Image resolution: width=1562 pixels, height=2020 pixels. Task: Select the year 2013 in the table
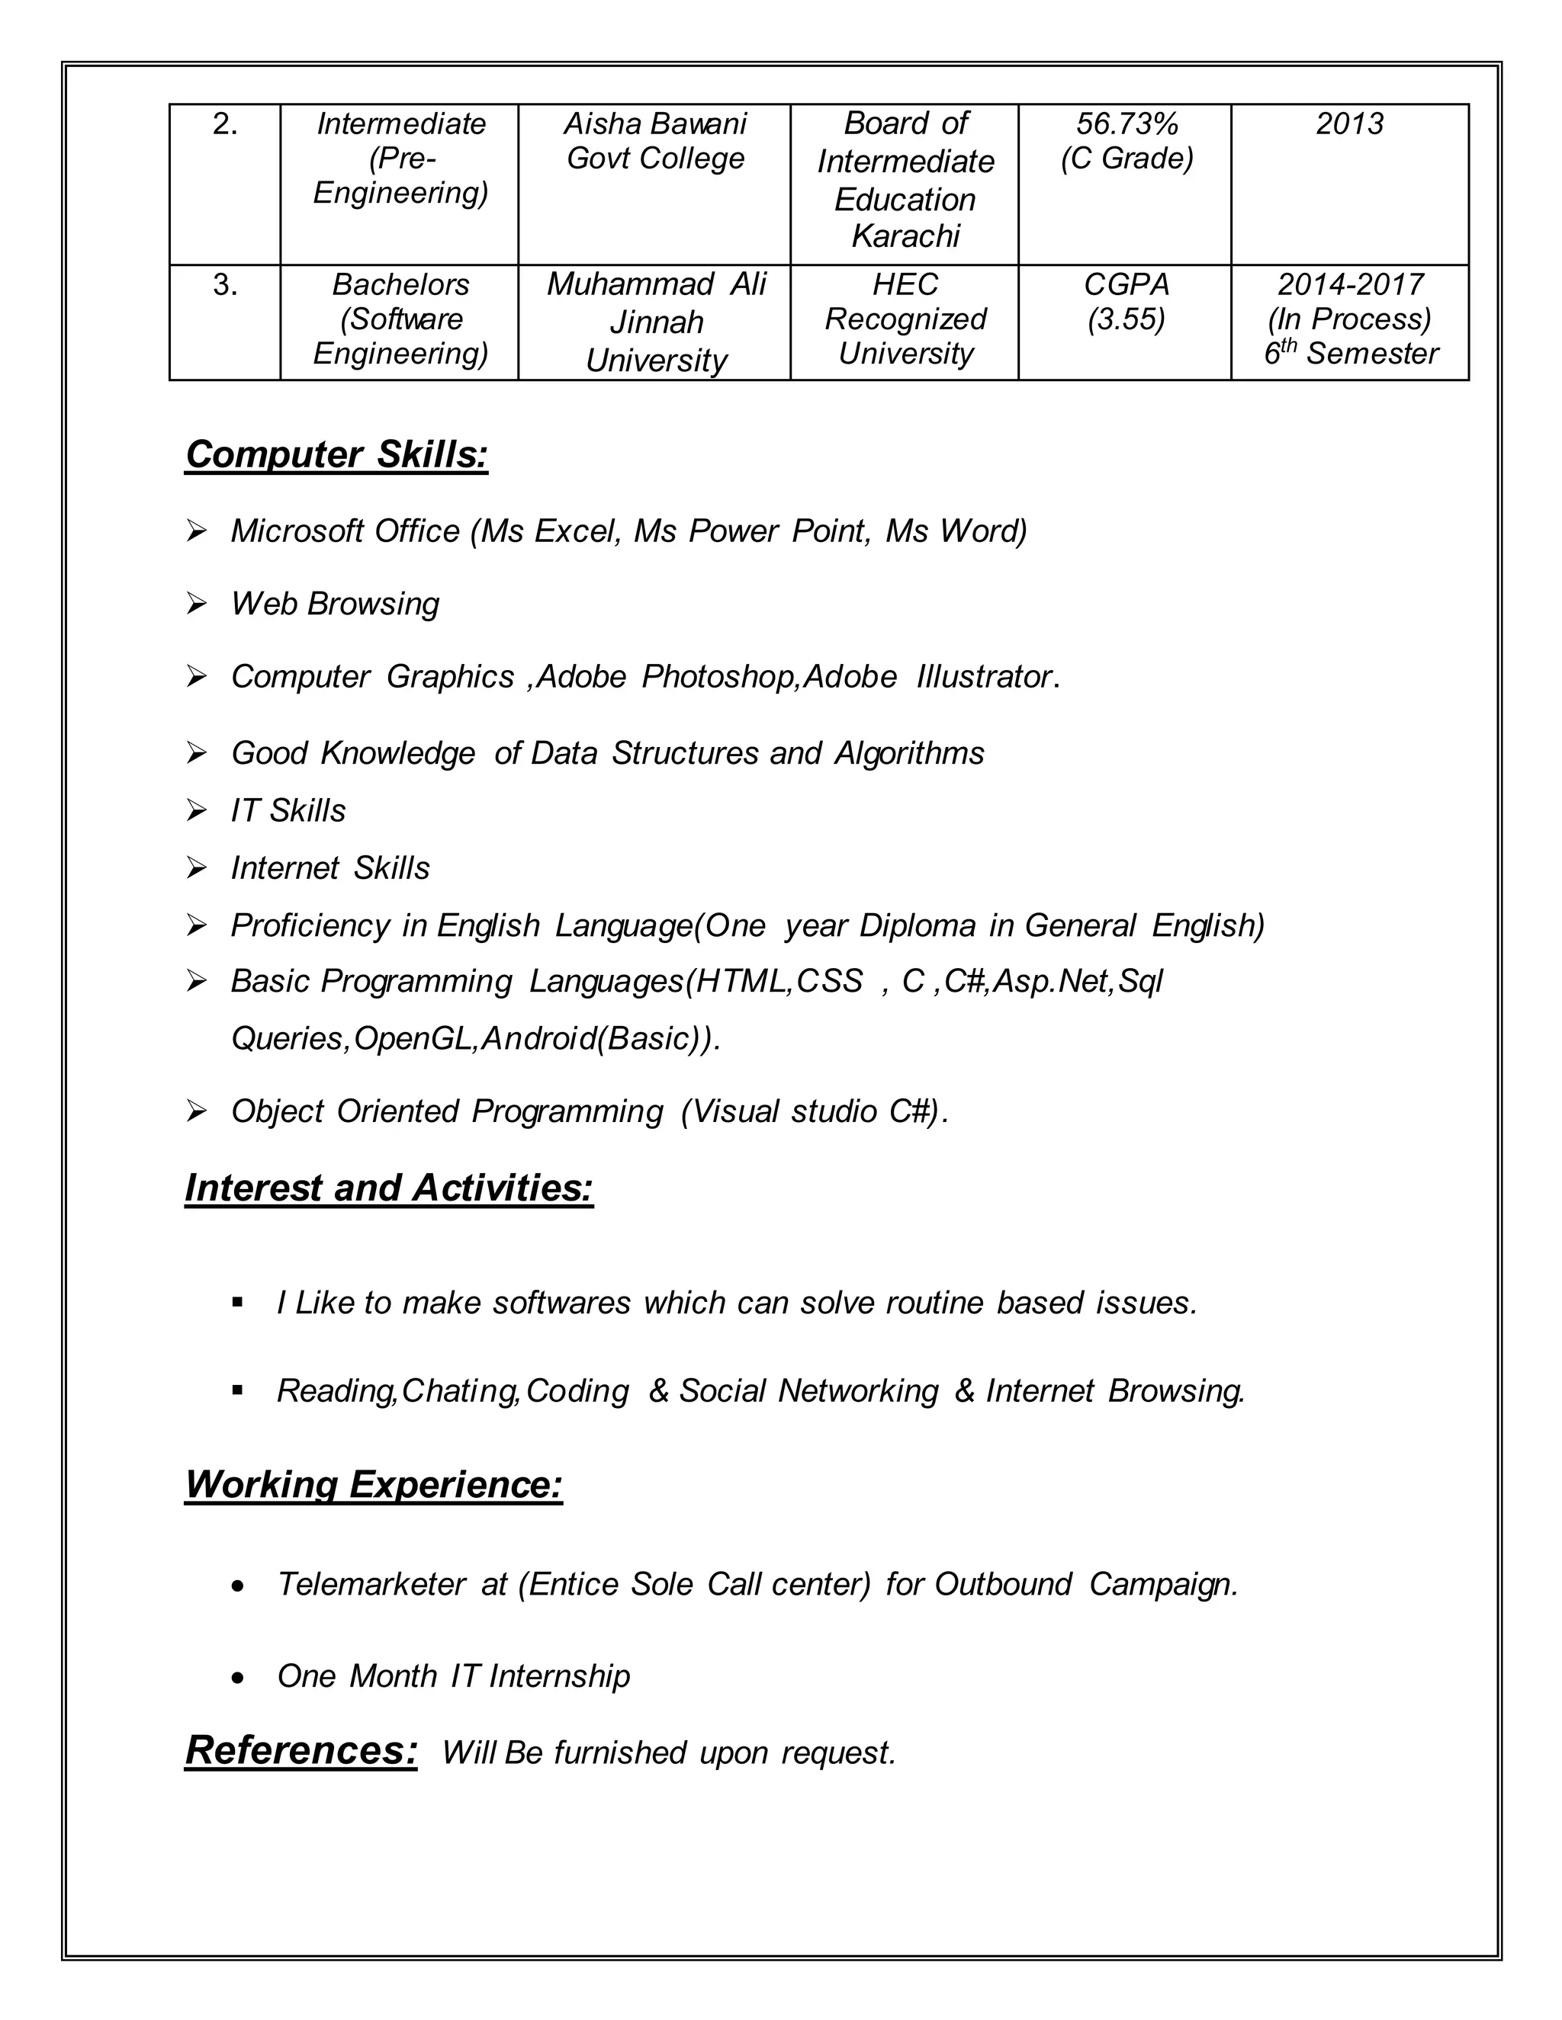1349,124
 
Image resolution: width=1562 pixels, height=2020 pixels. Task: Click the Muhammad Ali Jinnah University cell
655,322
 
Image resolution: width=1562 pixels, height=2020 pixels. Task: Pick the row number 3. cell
225,285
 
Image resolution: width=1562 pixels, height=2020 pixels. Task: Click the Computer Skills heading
337,455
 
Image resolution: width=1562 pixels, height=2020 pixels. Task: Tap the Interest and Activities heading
389,1188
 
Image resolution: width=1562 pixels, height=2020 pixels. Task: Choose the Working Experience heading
374,1484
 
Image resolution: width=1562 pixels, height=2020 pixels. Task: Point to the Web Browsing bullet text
335,604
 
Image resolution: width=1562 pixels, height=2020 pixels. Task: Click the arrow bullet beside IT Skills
196,811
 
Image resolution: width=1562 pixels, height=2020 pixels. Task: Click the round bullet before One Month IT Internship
239,1678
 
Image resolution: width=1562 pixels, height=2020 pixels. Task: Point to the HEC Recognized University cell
905,319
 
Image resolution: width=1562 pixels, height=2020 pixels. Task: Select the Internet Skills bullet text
330,868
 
